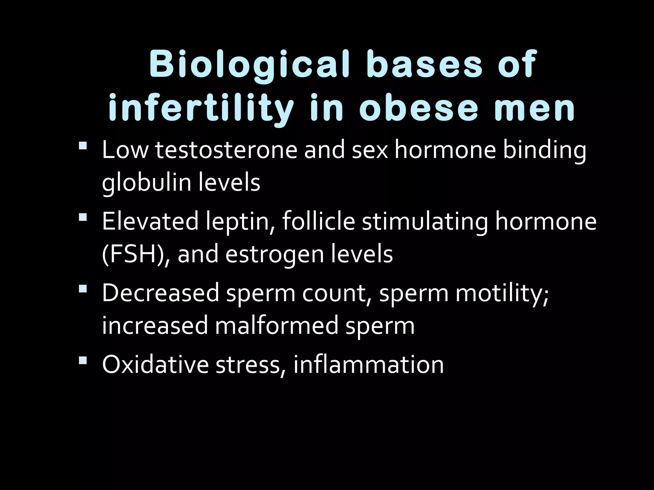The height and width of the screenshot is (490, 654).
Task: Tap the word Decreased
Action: click(x=160, y=293)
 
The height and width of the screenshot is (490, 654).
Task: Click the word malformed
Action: click(x=276, y=325)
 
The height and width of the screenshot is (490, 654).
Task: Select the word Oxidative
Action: click(x=155, y=364)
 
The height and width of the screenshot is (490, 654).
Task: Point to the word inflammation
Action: click(x=369, y=364)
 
